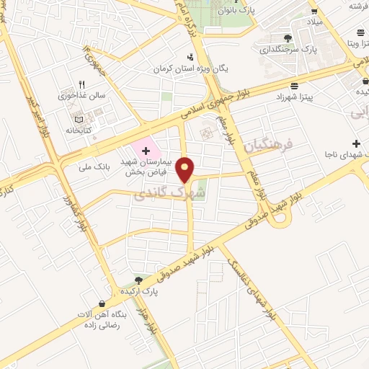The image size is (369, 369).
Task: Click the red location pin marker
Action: tap(187, 169)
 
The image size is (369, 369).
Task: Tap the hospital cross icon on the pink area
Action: tap(147, 151)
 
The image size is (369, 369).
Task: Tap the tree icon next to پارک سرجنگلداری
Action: tap(288, 37)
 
